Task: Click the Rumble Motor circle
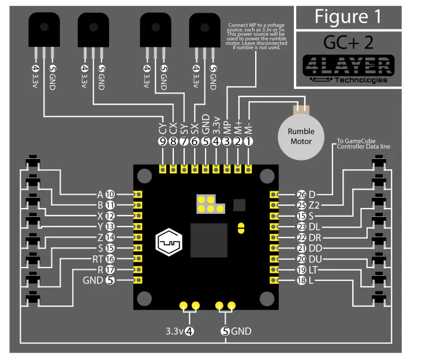(x=300, y=136)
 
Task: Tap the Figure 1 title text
(x=348, y=16)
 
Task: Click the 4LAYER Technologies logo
(x=349, y=69)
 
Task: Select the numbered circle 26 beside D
(x=301, y=194)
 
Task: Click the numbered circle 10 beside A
(x=110, y=194)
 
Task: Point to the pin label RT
(x=96, y=259)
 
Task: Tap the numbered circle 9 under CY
(x=163, y=140)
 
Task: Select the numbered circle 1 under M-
(x=248, y=140)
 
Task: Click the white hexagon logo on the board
(x=169, y=242)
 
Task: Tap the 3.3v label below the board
(x=174, y=332)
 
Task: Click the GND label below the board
(x=241, y=332)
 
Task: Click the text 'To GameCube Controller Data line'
(x=363, y=144)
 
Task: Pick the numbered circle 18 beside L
(x=301, y=280)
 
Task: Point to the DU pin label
(x=315, y=259)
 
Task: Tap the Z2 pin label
(x=315, y=205)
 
